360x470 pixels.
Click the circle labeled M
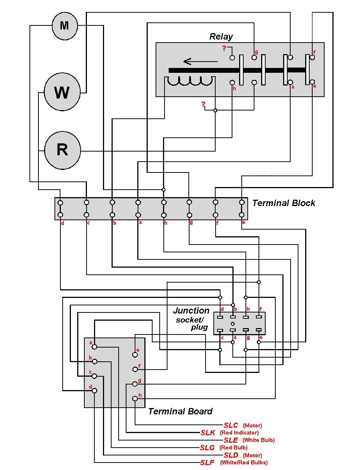[65, 26]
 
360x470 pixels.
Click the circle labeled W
[62, 92]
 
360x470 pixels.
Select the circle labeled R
[62, 150]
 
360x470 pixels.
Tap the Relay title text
[221, 37]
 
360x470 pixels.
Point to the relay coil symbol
[190, 81]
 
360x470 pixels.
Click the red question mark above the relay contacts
[224, 48]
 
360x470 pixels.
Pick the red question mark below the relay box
[203, 104]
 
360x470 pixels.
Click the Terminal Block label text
[284, 203]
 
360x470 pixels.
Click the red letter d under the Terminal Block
[62, 223]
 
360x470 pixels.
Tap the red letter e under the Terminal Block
[244, 222]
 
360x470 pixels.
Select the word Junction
[191, 311]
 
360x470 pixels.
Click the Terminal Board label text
[180, 411]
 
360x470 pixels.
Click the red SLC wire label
[231, 425]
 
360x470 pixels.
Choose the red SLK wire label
[208, 433]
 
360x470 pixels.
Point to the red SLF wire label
[207, 463]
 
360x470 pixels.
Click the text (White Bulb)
[259, 440]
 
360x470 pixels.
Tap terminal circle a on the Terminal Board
[94, 347]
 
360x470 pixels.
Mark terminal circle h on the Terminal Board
[135, 399]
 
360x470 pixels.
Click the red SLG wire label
[207, 448]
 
